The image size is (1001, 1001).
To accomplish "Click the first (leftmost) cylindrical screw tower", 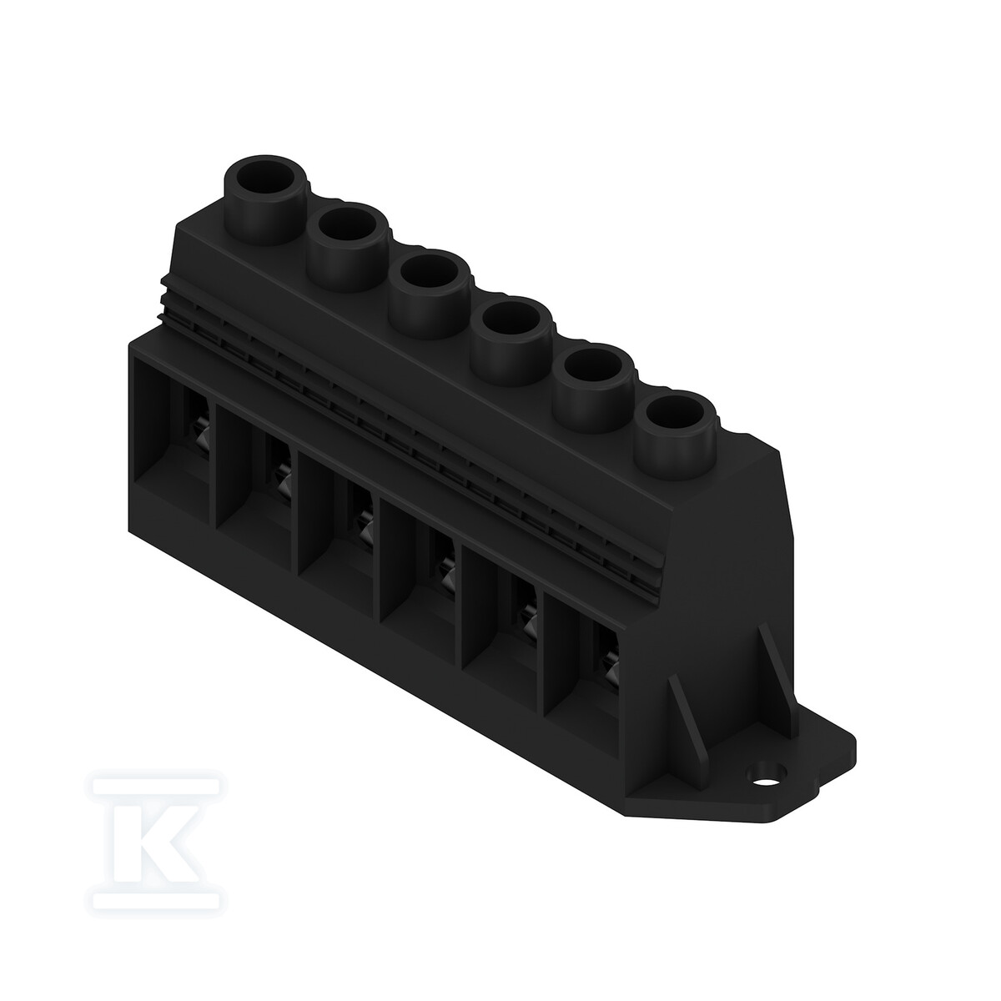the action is [x=264, y=200].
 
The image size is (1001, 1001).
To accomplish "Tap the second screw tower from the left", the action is [x=346, y=247].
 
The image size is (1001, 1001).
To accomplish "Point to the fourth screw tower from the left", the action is [x=511, y=341].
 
